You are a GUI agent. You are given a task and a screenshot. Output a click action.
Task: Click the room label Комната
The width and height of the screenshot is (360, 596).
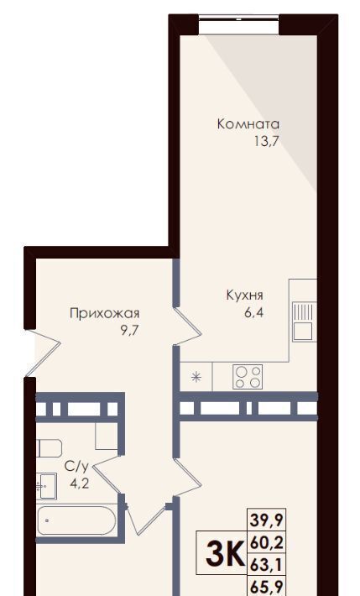[x=248, y=124]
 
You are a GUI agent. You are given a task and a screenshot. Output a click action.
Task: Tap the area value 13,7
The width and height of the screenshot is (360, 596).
[x=267, y=142]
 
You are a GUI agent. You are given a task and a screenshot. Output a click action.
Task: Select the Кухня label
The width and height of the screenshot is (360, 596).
[x=244, y=295]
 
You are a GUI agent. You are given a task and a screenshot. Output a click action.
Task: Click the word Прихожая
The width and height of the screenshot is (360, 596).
[x=105, y=314]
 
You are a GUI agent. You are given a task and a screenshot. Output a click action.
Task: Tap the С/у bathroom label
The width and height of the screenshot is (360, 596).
[x=76, y=467]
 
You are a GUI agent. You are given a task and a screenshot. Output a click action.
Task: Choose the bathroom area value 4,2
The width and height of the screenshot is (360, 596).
[x=80, y=484]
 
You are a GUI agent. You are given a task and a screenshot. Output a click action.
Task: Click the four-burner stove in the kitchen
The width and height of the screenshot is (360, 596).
[x=248, y=377]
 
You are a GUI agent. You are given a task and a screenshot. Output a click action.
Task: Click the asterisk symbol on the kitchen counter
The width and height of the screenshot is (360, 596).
[x=196, y=377]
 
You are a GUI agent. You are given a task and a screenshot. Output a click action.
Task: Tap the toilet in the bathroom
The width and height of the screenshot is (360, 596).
[x=50, y=448]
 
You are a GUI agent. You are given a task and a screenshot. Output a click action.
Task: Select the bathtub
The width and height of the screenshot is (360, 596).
[x=76, y=520]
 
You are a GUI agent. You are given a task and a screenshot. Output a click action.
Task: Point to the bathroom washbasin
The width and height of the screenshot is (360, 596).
[x=46, y=486]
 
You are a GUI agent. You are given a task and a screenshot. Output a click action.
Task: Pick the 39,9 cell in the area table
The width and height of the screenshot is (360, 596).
[x=267, y=520]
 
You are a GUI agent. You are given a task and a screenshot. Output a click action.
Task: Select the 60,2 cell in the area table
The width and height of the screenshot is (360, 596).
[x=267, y=544]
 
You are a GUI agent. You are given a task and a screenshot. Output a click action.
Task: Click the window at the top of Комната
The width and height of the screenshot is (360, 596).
[x=238, y=17]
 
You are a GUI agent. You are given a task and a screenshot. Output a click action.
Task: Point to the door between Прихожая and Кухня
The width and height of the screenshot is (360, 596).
[x=187, y=327]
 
